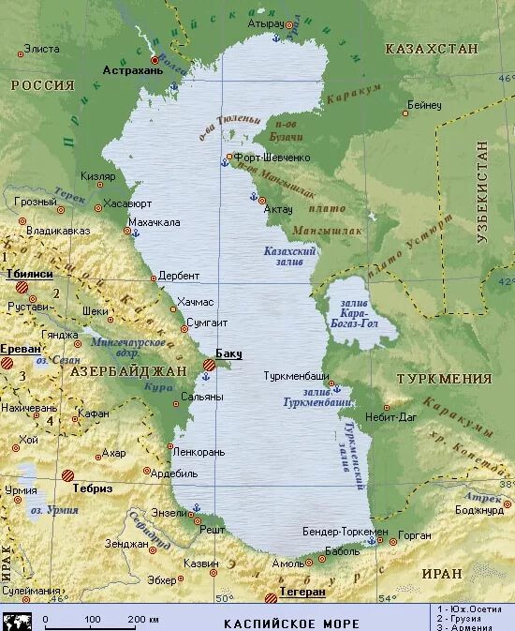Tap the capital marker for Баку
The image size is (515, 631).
(209, 365)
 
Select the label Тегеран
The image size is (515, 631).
(301, 593)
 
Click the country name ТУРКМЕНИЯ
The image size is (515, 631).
(444, 379)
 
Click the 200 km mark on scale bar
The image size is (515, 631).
(143, 620)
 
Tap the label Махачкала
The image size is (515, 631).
(154, 222)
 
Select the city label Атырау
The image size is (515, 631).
(266, 23)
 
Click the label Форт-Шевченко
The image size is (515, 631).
(272, 158)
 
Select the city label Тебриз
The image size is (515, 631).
(94, 488)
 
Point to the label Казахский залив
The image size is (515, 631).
(290, 257)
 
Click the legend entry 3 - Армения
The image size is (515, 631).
(476, 626)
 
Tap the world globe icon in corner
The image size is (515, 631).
(17, 621)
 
